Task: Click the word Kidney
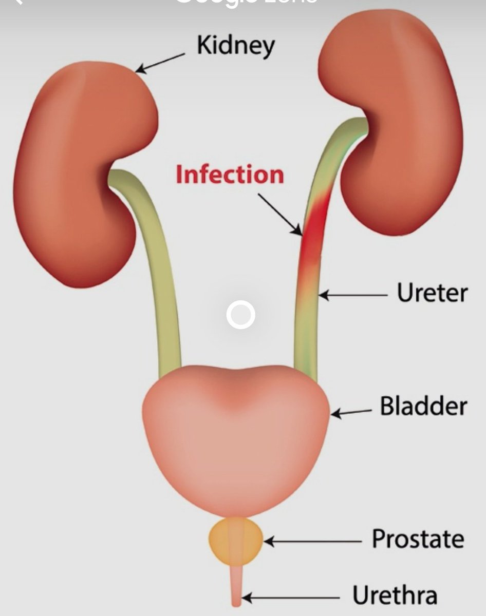(236, 46)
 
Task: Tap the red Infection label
(230, 175)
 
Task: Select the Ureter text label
(432, 294)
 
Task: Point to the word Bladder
(423, 407)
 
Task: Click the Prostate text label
(417, 540)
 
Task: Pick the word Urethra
(395, 596)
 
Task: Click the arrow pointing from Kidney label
(160, 63)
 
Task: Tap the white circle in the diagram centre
(240, 315)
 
